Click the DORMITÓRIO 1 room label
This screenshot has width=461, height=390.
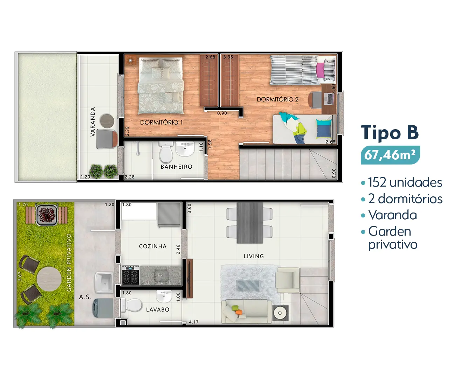point(161,122)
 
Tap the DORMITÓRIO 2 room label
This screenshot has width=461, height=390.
point(277,99)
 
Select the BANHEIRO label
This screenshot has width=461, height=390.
point(177,167)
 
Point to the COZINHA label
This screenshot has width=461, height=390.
point(153,246)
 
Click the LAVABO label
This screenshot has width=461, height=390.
point(158,309)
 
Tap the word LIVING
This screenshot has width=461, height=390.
point(254,256)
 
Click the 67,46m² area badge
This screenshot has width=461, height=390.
point(390,155)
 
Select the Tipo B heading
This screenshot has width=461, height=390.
point(390,133)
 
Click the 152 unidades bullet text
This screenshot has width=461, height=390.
point(405,182)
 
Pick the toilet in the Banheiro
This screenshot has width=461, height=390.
point(165,152)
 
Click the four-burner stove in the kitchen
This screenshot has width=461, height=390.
point(130,275)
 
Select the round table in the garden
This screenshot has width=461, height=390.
point(49,279)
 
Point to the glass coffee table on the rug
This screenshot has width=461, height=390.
point(248,285)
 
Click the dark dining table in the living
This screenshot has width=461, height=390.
point(249,223)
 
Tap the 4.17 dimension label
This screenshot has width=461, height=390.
point(194,322)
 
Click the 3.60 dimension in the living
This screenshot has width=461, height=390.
point(190,208)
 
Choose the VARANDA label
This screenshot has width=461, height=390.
point(93,122)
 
